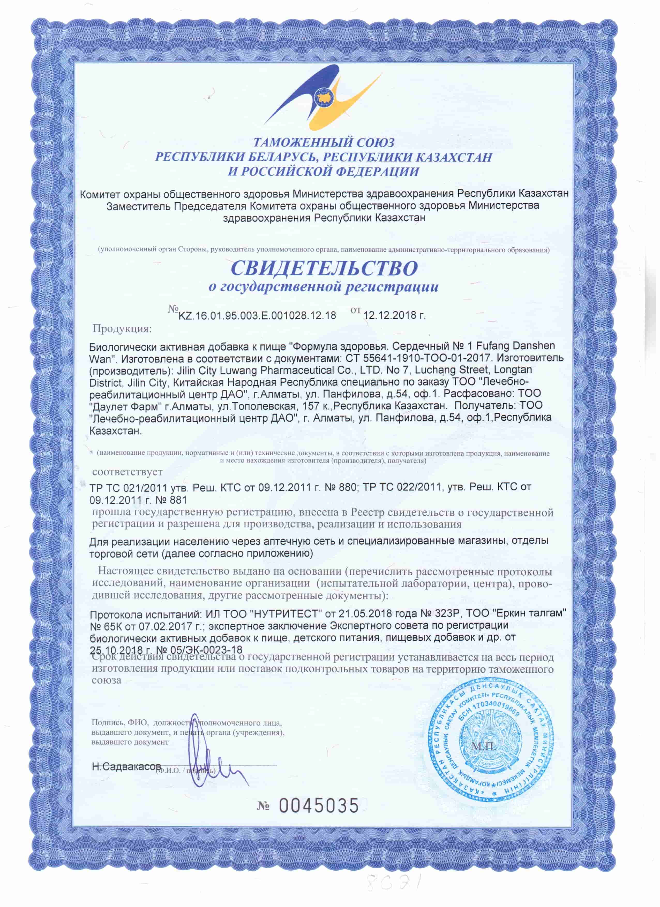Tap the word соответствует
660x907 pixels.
coord(127,472)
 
